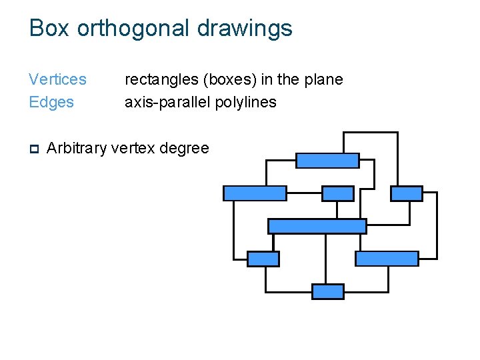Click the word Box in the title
tap(51, 28)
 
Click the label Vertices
tap(57, 79)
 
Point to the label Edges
tap(51, 102)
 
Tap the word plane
tap(325, 80)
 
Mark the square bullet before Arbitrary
tap(34, 149)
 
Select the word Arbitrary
tap(77, 148)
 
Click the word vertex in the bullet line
tap(130, 148)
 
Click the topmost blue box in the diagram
tap(327, 161)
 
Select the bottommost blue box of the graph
tap(328, 291)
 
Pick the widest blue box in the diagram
tap(317, 226)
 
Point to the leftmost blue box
tap(255, 193)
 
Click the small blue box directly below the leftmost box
tap(263, 259)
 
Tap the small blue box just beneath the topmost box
tap(338, 193)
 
